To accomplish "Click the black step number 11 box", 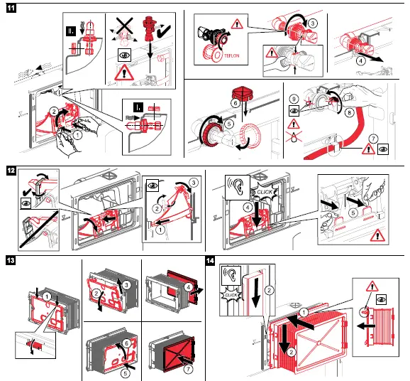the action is [11, 8].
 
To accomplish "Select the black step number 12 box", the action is [11, 171].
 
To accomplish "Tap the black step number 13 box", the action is [11, 260].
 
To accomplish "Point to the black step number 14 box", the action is [211, 261].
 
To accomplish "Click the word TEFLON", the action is [232, 55].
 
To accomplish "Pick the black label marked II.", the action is [71, 31].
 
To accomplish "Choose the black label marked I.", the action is [138, 107].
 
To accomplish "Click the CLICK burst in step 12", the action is [264, 193].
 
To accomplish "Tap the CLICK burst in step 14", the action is [231, 295].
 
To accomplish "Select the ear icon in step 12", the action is [238, 188].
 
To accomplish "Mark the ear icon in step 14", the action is [231, 276].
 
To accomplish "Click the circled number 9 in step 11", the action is [294, 99].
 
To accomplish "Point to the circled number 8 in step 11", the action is [349, 113].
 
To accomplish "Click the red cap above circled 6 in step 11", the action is [242, 92].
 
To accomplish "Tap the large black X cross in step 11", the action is [124, 26].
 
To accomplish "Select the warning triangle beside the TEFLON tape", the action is [237, 24].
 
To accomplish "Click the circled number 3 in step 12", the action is [194, 183].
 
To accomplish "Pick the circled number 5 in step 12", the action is [353, 213].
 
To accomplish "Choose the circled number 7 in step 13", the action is [188, 369].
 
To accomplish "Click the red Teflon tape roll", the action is [212, 54].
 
